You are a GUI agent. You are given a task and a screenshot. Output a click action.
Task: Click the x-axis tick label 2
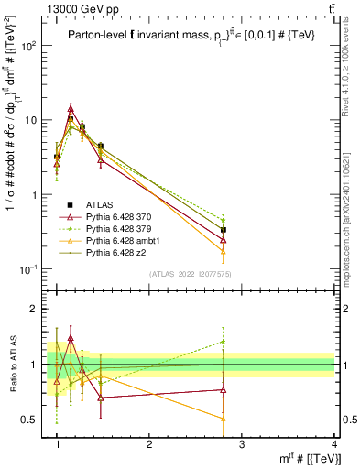coord(149,444)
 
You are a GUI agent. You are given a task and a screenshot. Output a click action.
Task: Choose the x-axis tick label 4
coord(334,444)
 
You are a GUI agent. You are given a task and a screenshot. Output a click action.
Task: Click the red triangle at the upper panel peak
coord(71,108)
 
